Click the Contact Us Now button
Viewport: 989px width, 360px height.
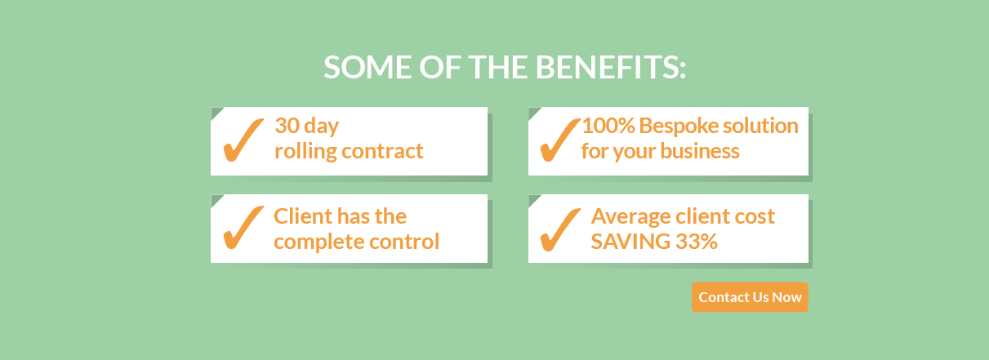[x=750, y=297]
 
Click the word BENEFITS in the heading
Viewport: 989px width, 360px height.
[x=611, y=68]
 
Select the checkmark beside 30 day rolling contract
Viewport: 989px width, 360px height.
[x=243, y=140]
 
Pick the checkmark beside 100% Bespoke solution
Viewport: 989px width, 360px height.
[x=560, y=140]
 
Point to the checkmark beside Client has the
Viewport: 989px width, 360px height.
[x=243, y=227]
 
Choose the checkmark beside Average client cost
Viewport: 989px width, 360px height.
[x=560, y=229]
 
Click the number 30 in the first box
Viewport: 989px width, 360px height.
[x=287, y=126]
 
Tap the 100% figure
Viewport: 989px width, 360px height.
[x=608, y=126]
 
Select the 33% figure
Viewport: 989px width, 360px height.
[x=697, y=242]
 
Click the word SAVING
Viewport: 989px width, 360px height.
[x=630, y=242]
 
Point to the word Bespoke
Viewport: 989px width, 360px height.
[x=679, y=127]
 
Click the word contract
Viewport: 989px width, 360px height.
[x=383, y=152]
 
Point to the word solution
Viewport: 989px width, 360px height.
[x=760, y=126]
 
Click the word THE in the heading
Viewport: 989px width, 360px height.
[x=497, y=68]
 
